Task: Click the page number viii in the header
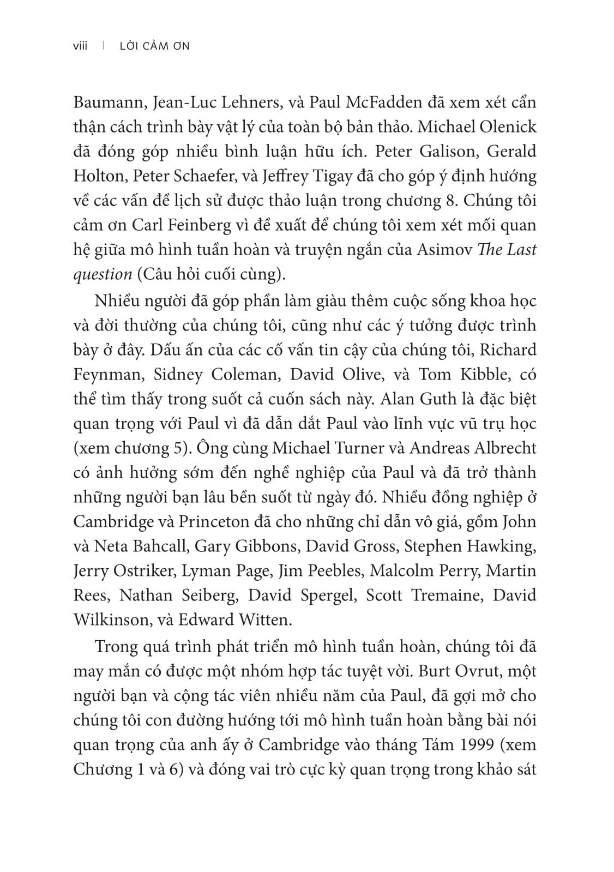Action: (x=80, y=46)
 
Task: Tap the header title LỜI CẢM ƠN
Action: (x=154, y=46)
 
